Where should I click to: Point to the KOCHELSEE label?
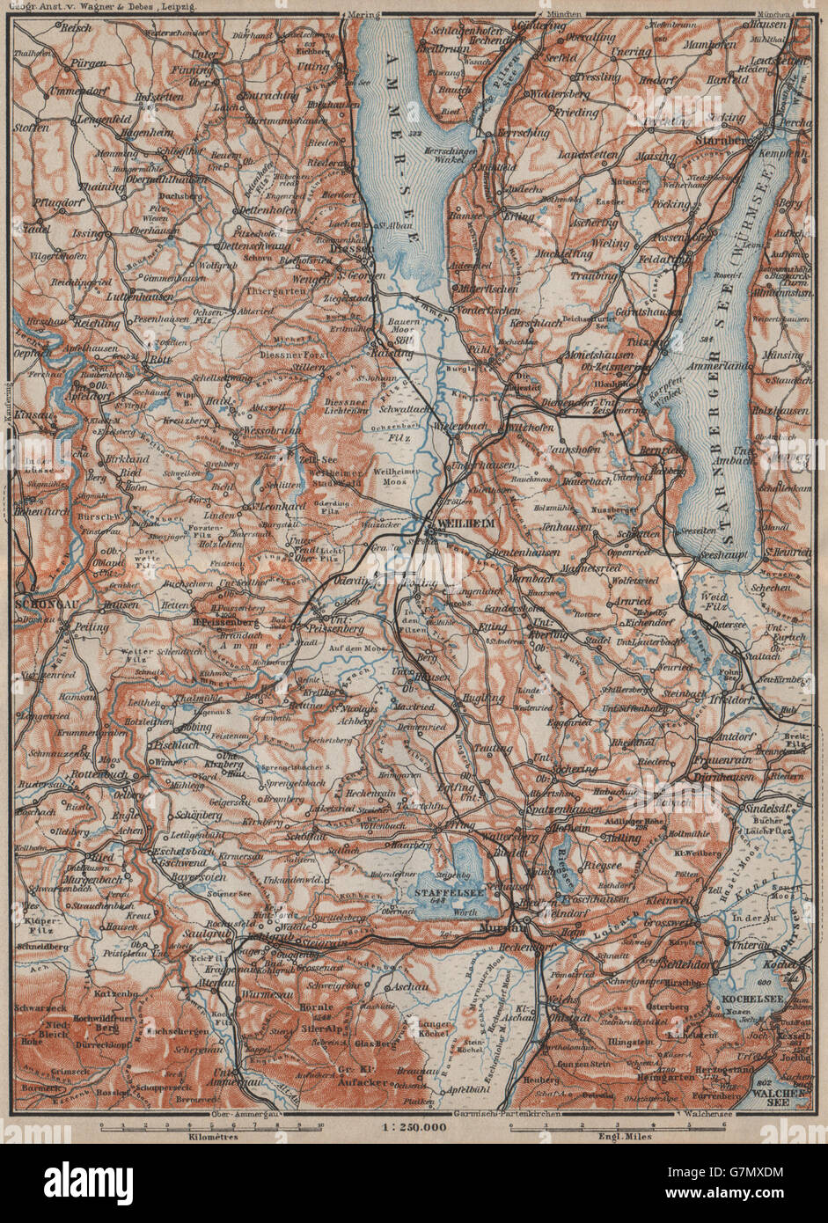(x=747, y=1001)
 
